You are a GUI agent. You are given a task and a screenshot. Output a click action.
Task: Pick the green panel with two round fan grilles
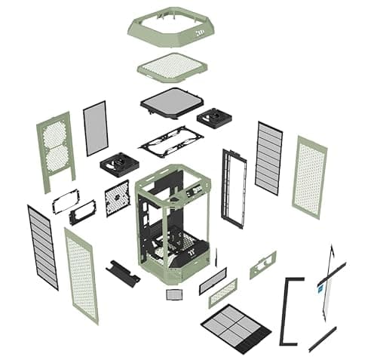pos(54,151)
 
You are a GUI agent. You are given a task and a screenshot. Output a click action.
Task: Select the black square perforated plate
pos(117,198)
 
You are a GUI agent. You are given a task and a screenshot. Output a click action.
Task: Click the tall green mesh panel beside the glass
pos(309,177)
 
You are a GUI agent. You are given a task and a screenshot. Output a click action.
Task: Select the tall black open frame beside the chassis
pos(234,188)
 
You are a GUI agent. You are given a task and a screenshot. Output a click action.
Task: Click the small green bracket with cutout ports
pos(262,265)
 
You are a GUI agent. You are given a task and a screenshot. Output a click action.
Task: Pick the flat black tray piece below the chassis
pos(123,272)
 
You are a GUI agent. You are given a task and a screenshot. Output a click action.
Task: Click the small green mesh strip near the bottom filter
pos(222,293)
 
